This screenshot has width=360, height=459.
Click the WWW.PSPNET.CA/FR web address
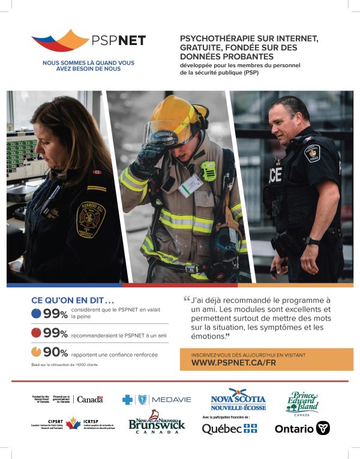[233, 363]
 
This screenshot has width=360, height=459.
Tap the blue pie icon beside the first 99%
[37, 313]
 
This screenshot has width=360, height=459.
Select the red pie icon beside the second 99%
[37, 333]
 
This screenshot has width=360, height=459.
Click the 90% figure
[55, 352]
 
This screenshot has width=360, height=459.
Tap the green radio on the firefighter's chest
[208, 171]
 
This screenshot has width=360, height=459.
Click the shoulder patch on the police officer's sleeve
[312, 154]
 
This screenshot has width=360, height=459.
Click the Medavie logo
[157, 400]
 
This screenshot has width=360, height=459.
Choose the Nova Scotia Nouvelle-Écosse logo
[238, 399]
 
